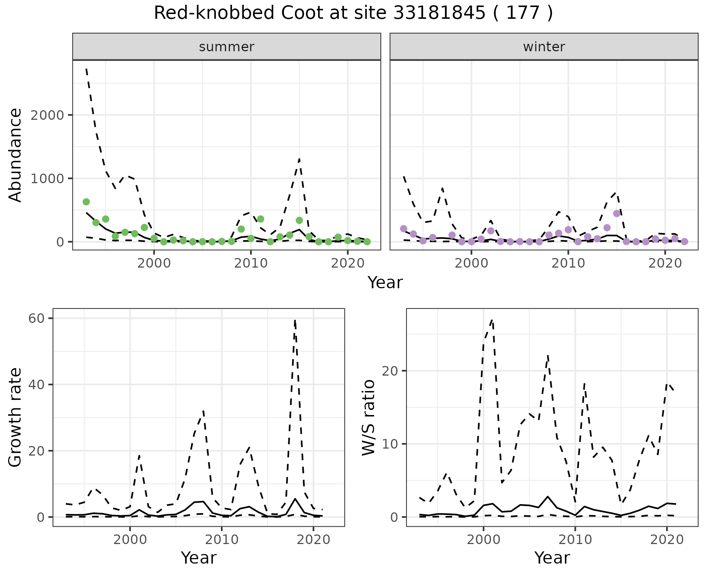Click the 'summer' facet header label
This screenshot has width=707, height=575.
click(226, 47)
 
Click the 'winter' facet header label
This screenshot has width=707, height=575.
click(544, 47)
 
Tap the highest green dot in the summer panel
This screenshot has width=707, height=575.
click(86, 202)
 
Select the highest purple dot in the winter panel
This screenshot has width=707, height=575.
click(617, 213)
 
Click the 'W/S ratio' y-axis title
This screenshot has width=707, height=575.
click(369, 417)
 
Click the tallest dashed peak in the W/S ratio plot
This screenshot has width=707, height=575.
click(492, 320)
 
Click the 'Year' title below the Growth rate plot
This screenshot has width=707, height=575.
click(198, 558)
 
